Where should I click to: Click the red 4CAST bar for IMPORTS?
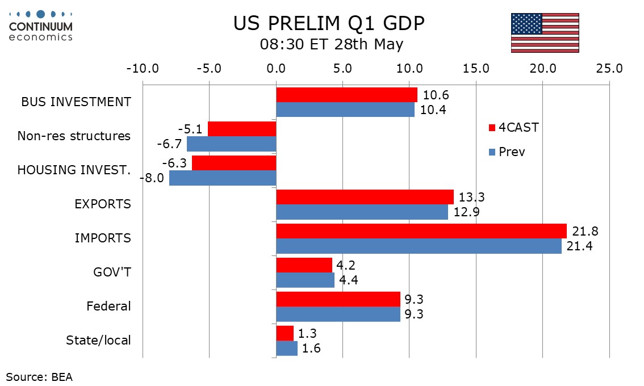click(x=421, y=231)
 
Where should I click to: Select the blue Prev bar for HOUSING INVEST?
click(x=223, y=178)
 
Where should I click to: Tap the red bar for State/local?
click(x=285, y=333)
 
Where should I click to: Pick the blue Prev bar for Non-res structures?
click(x=231, y=144)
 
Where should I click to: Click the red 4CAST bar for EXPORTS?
click(x=365, y=197)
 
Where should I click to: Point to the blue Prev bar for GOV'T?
click(x=305, y=280)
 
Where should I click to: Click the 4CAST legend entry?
click(x=514, y=128)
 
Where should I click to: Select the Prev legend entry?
click(x=507, y=152)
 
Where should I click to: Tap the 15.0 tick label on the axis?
click(x=476, y=68)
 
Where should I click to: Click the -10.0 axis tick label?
click(x=143, y=68)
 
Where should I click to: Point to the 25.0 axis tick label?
click(x=609, y=68)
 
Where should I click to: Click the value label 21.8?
click(x=586, y=231)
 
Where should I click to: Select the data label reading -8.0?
click(x=152, y=178)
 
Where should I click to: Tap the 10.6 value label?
click(x=436, y=95)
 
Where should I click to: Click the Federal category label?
click(x=108, y=306)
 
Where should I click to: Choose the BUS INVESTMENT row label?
click(x=76, y=102)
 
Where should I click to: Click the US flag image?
click(x=545, y=33)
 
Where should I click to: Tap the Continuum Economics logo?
click(x=41, y=26)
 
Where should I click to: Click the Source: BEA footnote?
click(x=39, y=376)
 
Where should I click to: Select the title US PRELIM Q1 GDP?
click(x=329, y=23)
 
